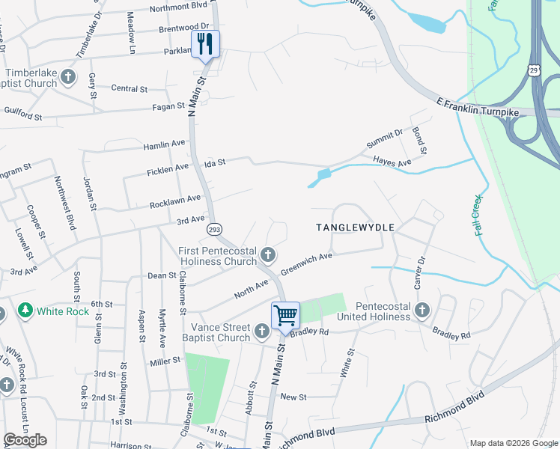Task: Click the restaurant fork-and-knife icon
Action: tap(204, 43)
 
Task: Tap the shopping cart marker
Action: tap(285, 315)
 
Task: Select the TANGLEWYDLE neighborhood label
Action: tap(355, 226)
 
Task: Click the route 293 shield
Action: tap(214, 229)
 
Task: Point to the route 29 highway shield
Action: tap(534, 70)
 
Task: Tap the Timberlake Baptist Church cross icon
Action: tap(68, 76)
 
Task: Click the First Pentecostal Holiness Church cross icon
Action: tap(267, 257)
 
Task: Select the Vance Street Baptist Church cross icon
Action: tap(261, 331)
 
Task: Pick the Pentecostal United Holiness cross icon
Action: tap(422, 310)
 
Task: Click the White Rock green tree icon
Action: tap(25, 310)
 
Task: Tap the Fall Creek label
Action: tap(479, 216)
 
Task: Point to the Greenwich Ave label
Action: tap(305, 266)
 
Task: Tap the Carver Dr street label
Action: tap(419, 274)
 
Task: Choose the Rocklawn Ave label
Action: tap(175, 201)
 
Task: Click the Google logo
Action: tap(25, 440)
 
